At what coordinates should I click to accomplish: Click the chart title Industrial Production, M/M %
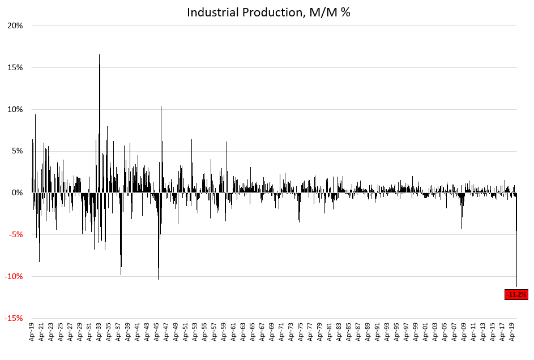[x=268, y=12]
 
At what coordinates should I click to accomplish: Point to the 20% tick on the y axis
[x=15, y=26]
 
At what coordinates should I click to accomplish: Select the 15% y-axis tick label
[x=15, y=68]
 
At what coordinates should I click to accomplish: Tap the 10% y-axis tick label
[x=15, y=110]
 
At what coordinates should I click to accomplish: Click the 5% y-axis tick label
[x=17, y=151]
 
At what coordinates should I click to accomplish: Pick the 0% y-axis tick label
[x=17, y=193]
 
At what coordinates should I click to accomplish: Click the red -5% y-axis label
[x=16, y=235]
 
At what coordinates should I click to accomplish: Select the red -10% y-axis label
[x=14, y=277]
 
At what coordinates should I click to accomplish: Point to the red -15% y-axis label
[x=14, y=319]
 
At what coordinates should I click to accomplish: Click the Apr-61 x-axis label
[x=234, y=333]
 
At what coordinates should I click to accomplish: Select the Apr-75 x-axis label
[x=301, y=333]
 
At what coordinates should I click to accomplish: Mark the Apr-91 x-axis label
[x=378, y=333]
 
